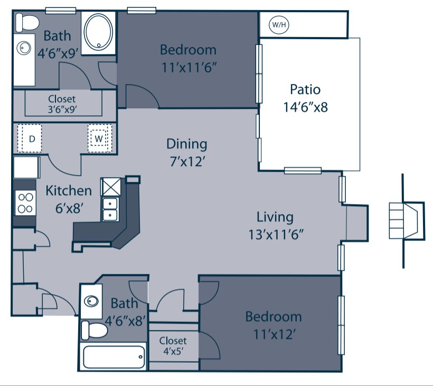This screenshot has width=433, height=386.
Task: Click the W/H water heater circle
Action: pyautogui.click(x=277, y=24)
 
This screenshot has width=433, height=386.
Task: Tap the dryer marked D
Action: pyautogui.click(x=32, y=139)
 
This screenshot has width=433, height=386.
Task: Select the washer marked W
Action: pyautogui.click(x=99, y=139)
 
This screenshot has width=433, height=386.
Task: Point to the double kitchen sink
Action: pyautogui.click(x=110, y=209)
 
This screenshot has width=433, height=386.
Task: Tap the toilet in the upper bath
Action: pyautogui.click(x=27, y=23)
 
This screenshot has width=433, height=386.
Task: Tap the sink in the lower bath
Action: pyautogui.click(x=92, y=301)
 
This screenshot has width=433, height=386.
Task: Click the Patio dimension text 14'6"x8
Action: pyautogui.click(x=305, y=107)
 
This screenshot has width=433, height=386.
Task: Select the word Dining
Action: pyautogui.click(x=187, y=144)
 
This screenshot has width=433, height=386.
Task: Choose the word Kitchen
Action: pyautogui.click(x=69, y=190)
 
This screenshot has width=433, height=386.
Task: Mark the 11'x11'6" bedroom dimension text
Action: pyautogui.click(x=188, y=68)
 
